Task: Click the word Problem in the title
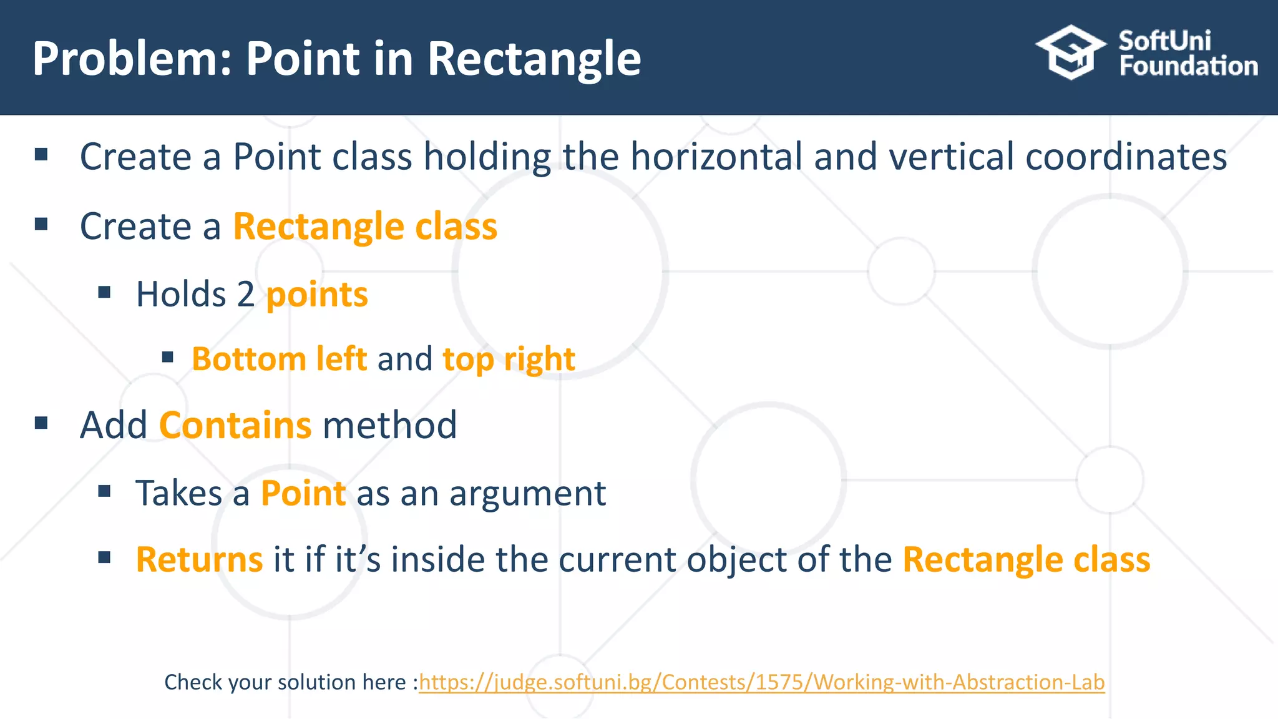pyautogui.click(x=125, y=59)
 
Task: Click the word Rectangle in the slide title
pyautogui.click(x=534, y=59)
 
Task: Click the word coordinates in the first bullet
pyautogui.click(x=1126, y=157)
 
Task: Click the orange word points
pyautogui.click(x=317, y=295)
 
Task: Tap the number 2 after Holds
pyautogui.click(x=246, y=295)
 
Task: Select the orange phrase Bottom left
pyautogui.click(x=279, y=359)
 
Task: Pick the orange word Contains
pyautogui.click(x=235, y=426)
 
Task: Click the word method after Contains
pyautogui.click(x=390, y=426)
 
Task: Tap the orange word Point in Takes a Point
pyautogui.click(x=303, y=494)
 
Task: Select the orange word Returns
pyautogui.click(x=199, y=560)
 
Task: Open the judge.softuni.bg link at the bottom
pyautogui.click(x=761, y=682)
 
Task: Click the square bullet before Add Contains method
pyautogui.click(x=42, y=424)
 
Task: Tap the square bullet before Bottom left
pyautogui.click(x=167, y=358)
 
